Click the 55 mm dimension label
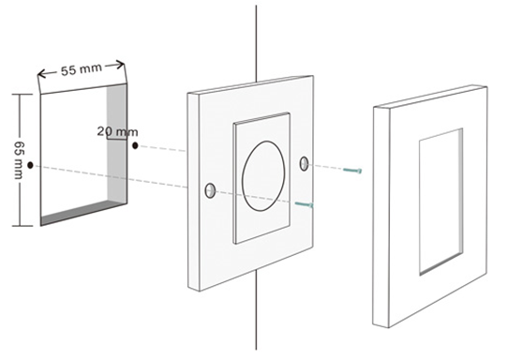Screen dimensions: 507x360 (82, 69)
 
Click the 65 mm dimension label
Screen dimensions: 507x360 (19, 159)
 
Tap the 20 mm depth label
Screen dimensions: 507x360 (118, 131)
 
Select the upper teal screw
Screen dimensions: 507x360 (352, 170)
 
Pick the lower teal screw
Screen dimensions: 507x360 (305, 204)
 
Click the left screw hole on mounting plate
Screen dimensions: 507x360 (210, 191)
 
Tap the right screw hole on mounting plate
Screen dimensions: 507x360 (304, 163)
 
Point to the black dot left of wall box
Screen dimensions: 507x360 (30, 165)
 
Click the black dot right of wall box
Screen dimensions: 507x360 (135, 146)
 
